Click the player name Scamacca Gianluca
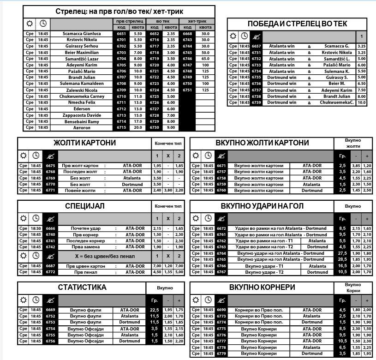pyautogui.click(x=82, y=34)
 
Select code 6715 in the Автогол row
pyautogui.click(x=121, y=127)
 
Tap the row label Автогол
pyautogui.click(x=82, y=127)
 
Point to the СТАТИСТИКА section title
pyautogui.click(x=82, y=287)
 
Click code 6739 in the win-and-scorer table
pyautogui.click(x=256, y=102)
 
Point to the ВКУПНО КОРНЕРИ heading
pyautogui.click(x=262, y=287)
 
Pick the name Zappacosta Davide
pyautogui.click(x=82, y=115)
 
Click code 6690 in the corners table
pyautogui.click(x=221, y=310)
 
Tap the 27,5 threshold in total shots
pyautogui.click(x=342, y=253)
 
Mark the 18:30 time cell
pyautogui.click(x=36, y=228)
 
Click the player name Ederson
pyautogui.click(x=82, y=109)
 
